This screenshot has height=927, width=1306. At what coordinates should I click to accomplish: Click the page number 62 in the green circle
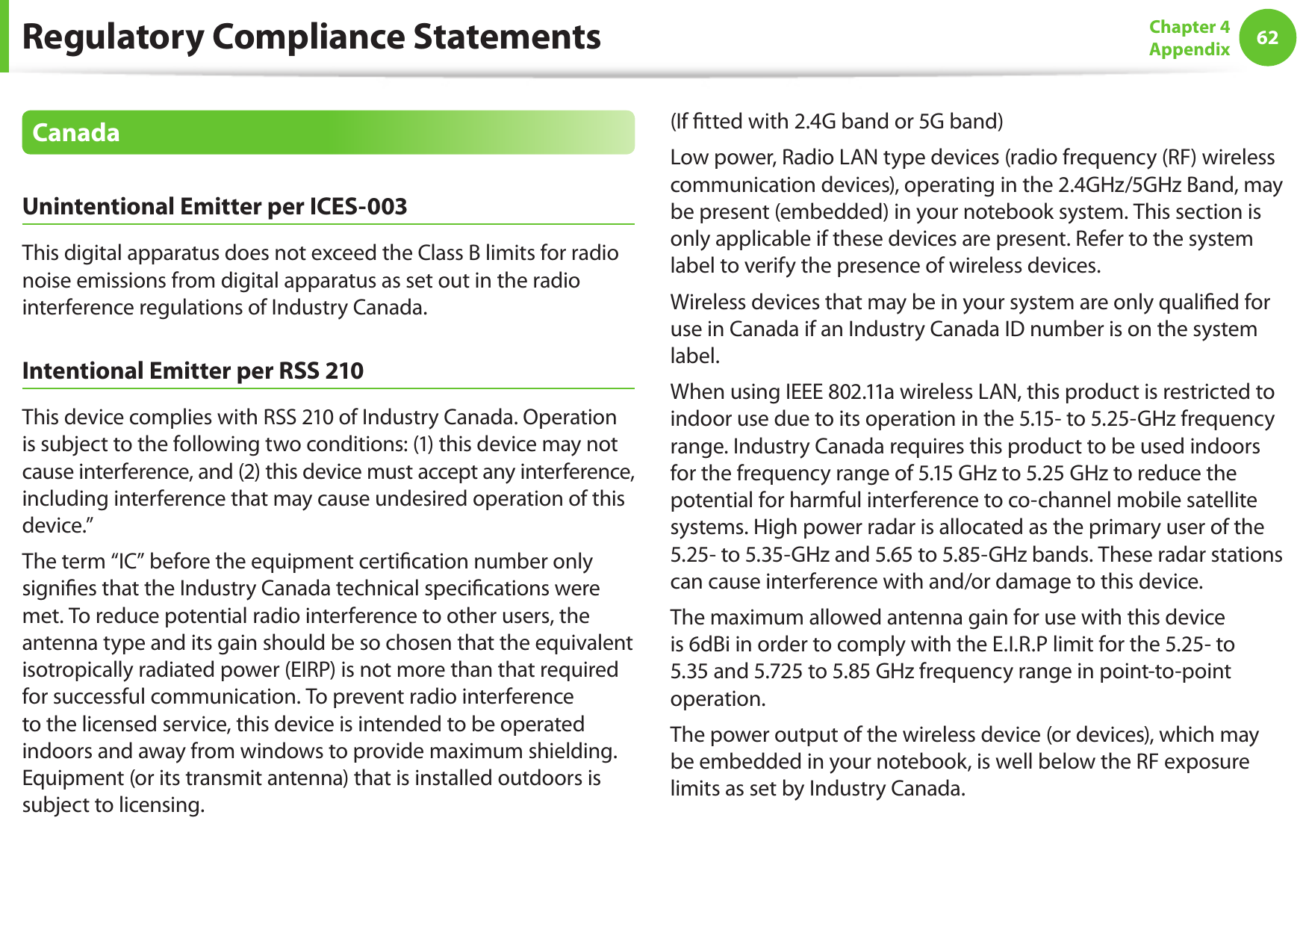tap(1267, 37)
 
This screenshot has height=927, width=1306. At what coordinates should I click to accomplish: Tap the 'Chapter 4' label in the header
tap(1189, 27)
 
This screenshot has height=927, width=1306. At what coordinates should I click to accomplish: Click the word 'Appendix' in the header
tap(1189, 49)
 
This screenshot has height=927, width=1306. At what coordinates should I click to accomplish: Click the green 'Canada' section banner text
tap(76, 132)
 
